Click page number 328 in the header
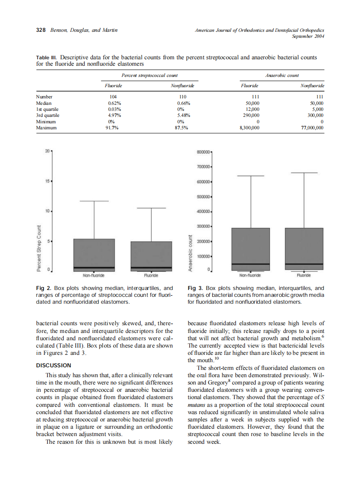pyautogui.click(x=41, y=30)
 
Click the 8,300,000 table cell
pyautogui.click(x=249, y=128)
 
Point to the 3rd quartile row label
pyautogui.click(x=48, y=115)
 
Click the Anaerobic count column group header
pyautogui.click(x=282, y=75)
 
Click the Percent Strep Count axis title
pyautogui.click(x=39, y=249)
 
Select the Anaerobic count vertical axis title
pyautogui.click(x=189, y=253)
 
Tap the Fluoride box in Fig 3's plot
pyautogui.click(x=304, y=249)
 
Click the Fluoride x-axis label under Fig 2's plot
pyautogui.click(x=151, y=275)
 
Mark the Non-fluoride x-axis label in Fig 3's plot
pyautogui.click(x=250, y=275)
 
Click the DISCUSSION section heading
pyautogui.click(x=53, y=366)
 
